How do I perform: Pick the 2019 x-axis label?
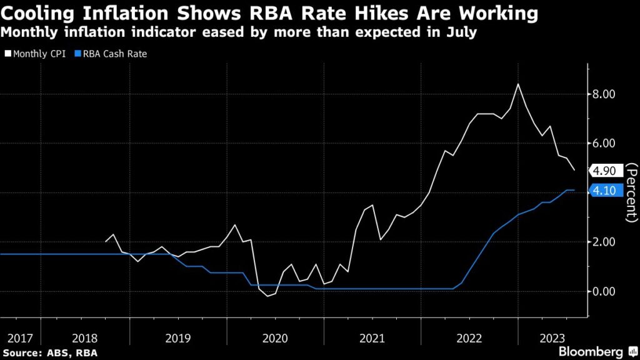[179, 338]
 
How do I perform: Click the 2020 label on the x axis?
[275, 338]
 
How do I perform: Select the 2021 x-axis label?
[371, 338]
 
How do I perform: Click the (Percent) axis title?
[631, 192]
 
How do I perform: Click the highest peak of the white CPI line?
[517, 84]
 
